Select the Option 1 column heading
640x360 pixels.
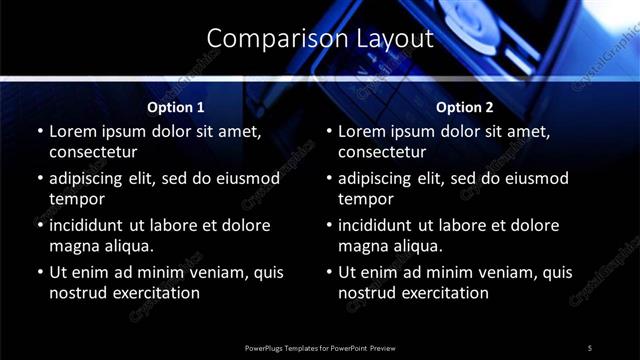click(176, 107)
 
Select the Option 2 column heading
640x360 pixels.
click(465, 107)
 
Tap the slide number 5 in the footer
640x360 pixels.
click(590, 347)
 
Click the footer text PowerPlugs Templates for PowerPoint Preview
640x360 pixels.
click(320, 347)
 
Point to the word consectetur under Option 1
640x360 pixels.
click(93, 153)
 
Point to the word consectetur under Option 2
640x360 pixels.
click(382, 153)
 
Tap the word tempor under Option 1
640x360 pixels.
click(74, 199)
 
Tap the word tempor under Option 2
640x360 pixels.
click(363, 199)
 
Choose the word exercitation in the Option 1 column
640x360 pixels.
click(154, 293)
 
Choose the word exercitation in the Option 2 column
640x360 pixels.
click(443, 293)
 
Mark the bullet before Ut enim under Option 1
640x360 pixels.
click(40, 272)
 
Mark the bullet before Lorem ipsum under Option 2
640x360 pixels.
click(329, 131)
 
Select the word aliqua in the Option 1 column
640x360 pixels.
click(127, 246)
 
